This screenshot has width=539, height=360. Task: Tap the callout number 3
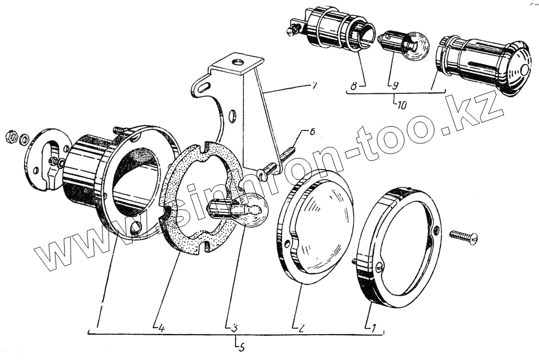click(233, 327)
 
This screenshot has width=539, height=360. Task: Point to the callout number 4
click(162, 327)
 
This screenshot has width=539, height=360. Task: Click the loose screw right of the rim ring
click(462, 236)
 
